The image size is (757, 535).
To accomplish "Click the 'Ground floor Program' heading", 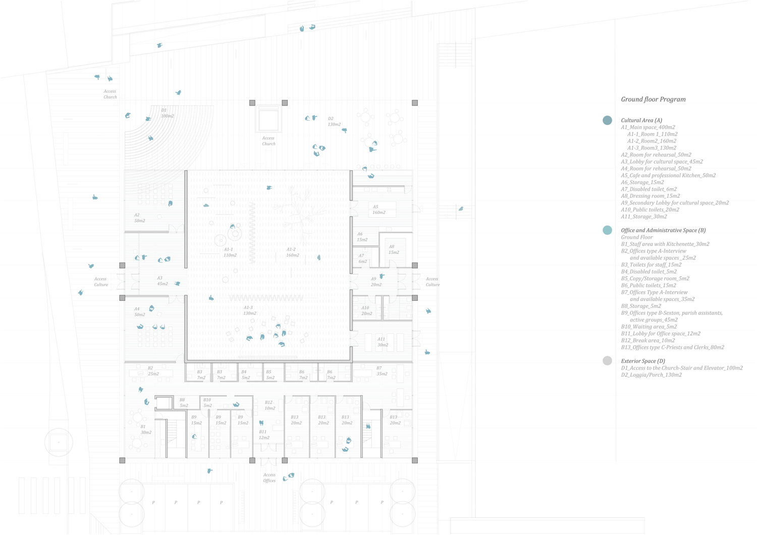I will [653, 99].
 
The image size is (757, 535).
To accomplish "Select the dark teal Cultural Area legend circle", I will [607, 121].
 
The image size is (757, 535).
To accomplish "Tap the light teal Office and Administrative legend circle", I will [607, 230].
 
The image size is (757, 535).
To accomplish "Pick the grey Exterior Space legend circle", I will [607, 361].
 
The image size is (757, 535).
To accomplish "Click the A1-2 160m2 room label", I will [292, 252].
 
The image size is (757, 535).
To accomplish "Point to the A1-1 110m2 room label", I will [230, 252].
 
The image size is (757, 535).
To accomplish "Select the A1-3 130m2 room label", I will [250, 310].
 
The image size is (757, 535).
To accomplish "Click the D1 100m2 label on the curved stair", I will [167, 113].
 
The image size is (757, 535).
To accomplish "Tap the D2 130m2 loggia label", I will [334, 122].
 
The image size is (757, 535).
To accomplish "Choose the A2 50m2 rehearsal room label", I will [139, 218].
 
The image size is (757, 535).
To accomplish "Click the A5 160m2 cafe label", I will [379, 209].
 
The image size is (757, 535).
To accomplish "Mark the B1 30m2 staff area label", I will [146, 430].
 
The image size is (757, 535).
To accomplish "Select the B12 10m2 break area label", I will [270, 405].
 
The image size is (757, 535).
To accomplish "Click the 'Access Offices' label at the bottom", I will [269, 477].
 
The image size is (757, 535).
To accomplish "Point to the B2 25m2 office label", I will [153, 371].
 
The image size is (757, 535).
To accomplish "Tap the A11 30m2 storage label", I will [383, 342].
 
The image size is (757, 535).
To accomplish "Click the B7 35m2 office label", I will [382, 371].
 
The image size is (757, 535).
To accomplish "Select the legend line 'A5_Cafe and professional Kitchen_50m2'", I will [668, 176].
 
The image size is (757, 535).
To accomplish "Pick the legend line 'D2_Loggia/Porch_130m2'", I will [651, 375].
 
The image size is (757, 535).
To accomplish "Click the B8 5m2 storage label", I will [183, 402].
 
